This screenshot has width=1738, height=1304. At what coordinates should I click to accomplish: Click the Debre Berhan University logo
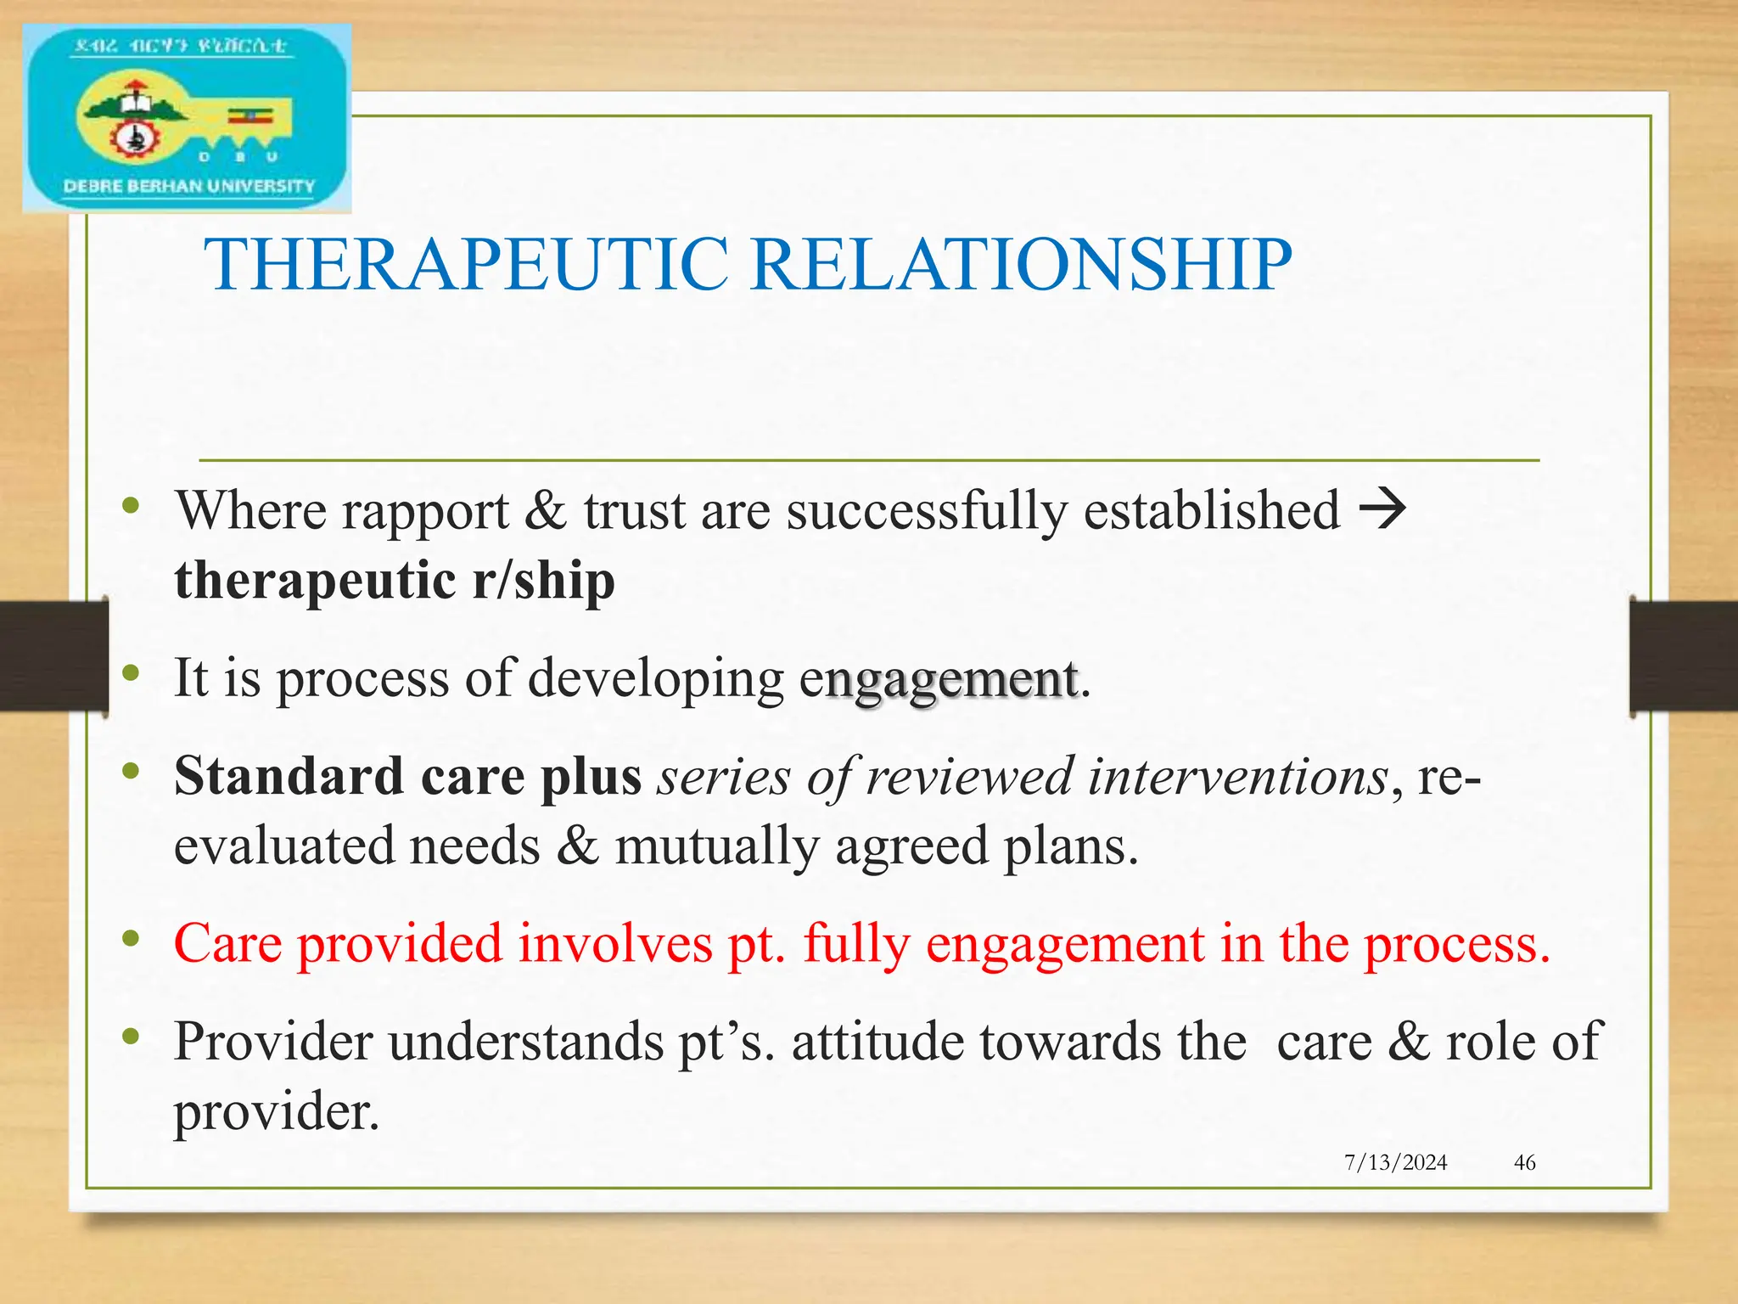pyautogui.click(x=187, y=118)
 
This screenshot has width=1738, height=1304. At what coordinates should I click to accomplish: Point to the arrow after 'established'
pyautogui.click(x=1382, y=509)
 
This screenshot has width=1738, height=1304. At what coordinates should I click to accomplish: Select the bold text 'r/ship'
pyautogui.click(x=543, y=582)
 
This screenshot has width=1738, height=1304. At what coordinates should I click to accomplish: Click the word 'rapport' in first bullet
pyautogui.click(x=425, y=512)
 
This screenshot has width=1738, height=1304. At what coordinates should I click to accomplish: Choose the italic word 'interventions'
pyautogui.click(x=1237, y=776)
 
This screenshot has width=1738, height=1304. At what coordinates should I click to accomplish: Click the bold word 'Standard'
pyautogui.click(x=289, y=776)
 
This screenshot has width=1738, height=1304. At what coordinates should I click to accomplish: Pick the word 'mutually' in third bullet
pyautogui.click(x=716, y=847)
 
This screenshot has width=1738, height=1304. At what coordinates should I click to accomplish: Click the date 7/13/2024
pyautogui.click(x=1395, y=1162)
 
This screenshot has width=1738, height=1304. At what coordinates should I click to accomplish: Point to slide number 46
pyautogui.click(x=1524, y=1162)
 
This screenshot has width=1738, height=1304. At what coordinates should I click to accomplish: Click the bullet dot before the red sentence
pyautogui.click(x=130, y=938)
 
